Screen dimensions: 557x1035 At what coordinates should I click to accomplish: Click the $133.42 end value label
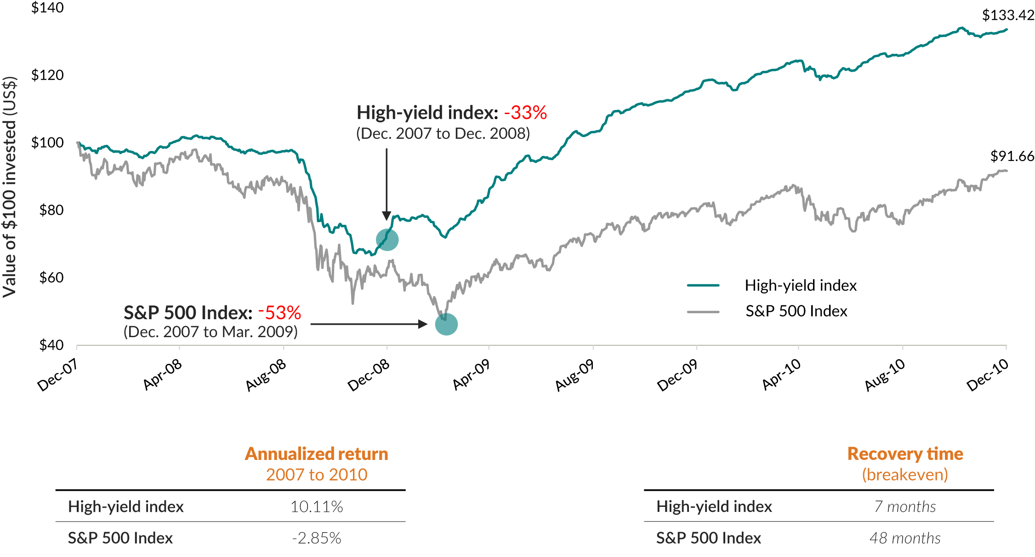tap(1007, 16)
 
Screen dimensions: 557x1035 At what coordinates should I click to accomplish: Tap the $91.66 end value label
tap(1012, 156)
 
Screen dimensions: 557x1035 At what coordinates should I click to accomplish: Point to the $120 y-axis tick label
tap(47, 75)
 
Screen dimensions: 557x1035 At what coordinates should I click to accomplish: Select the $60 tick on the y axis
tap(51, 278)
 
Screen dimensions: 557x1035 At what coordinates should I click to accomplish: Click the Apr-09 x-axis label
tap(471, 374)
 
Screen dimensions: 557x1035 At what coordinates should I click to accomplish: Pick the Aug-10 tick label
tap(885, 374)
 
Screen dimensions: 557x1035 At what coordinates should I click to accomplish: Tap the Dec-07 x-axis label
tap(57, 374)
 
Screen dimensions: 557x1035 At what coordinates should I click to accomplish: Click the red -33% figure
tap(525, 113)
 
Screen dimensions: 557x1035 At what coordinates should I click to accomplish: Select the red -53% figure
tap(279, 313)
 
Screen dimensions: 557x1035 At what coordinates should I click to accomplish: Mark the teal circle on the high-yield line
tap(387, 240)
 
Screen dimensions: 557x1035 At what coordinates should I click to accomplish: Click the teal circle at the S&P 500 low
tap(446, 324)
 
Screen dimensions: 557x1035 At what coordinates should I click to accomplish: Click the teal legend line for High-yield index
tap(703, 286)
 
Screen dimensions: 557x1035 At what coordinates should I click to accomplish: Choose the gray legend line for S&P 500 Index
tap(703, 312)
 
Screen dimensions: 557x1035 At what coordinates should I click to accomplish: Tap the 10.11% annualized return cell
tap(317, 507)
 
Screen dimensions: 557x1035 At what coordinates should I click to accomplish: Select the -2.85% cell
tap(317, 538)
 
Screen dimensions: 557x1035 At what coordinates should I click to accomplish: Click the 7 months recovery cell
tap(905, 507)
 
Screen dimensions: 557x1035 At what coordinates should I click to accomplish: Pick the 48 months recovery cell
tap(905, 538)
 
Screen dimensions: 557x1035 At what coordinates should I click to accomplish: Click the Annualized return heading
tap(317, 454)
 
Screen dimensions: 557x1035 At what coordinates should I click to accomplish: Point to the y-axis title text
tap(10, 187)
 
